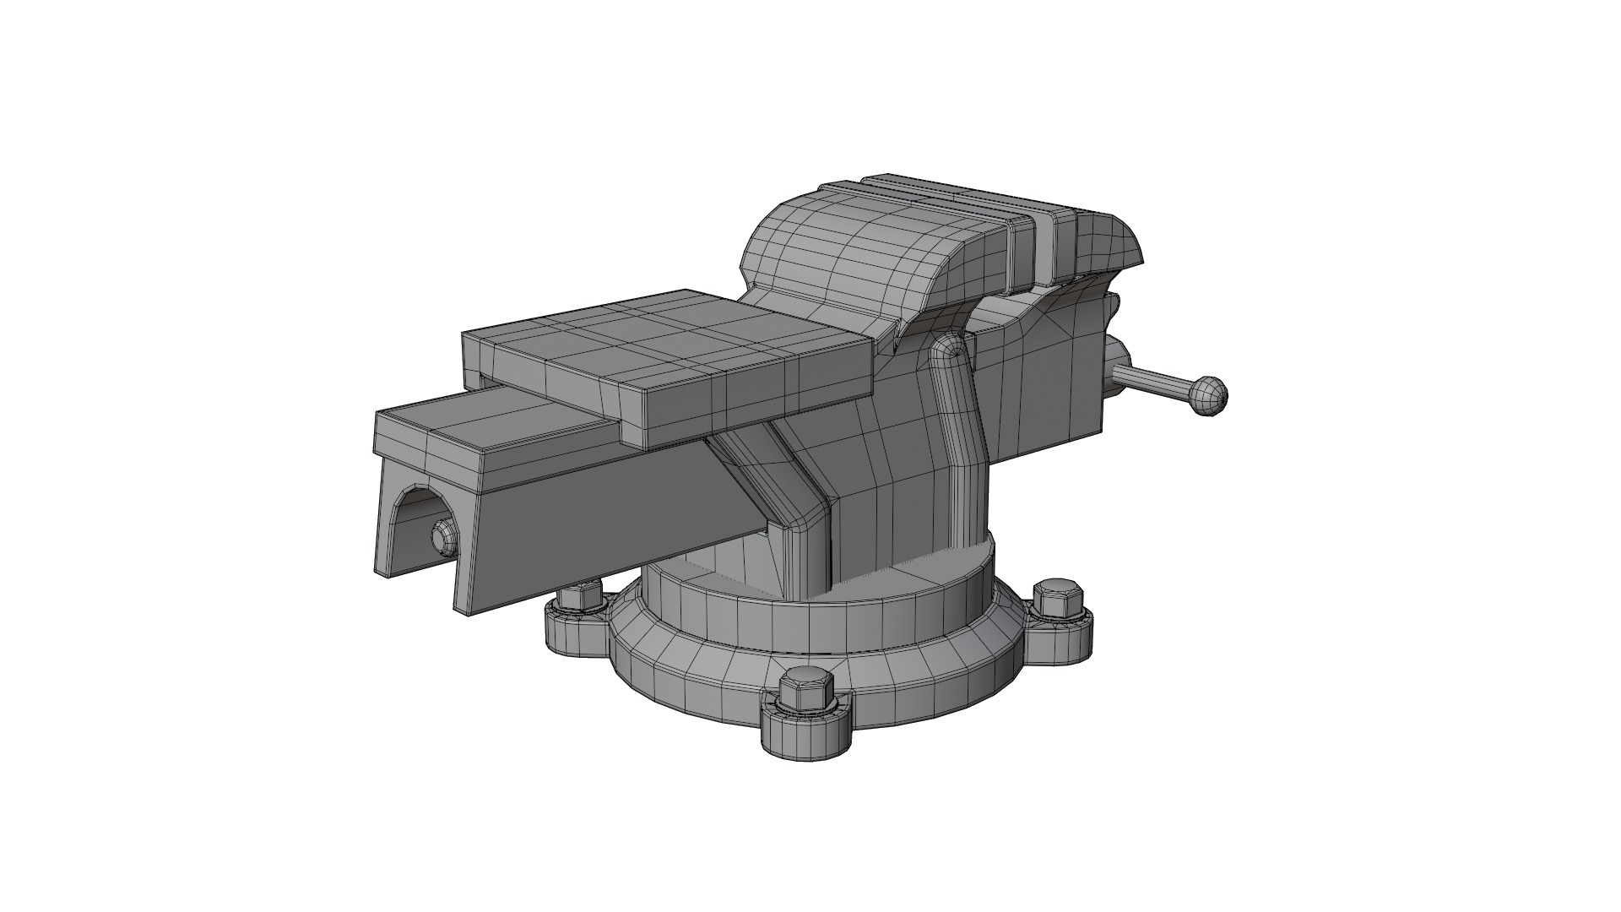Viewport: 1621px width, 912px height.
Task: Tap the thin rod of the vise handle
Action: (1152, 381)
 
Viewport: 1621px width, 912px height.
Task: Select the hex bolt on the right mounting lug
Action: (1059, 600)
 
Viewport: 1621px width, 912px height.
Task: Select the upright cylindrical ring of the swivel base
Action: (844, 621)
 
